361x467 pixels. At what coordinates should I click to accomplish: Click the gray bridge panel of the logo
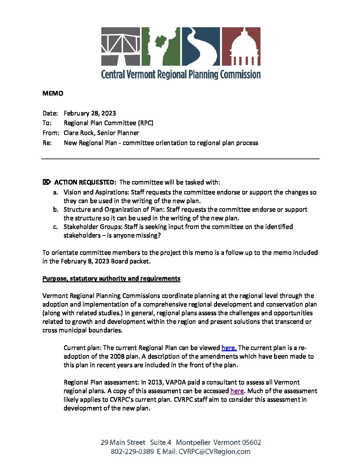[x=120, y=46]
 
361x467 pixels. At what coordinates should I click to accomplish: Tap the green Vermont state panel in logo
[x=161, y=46]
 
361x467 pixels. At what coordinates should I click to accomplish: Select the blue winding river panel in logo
[x=200, y=46]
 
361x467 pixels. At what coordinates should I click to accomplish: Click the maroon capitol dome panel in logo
[x=241, y=46]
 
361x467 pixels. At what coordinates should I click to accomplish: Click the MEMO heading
[x=53, y=94]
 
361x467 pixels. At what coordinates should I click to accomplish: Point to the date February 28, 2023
[x=90, y=113]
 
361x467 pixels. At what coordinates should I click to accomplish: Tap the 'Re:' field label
[x=47, y=143]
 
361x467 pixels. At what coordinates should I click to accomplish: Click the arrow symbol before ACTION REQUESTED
[x=47, y=182]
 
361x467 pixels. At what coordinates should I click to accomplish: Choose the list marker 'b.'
[x=56, y=210]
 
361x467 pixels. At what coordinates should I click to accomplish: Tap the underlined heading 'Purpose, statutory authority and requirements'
[x=111, y=279]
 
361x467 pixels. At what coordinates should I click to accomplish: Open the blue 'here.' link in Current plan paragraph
[x=229, y=348]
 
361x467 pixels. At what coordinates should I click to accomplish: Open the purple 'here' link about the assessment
[x=237, y=391]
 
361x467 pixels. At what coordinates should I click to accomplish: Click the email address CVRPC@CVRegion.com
[x=214, y=452]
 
